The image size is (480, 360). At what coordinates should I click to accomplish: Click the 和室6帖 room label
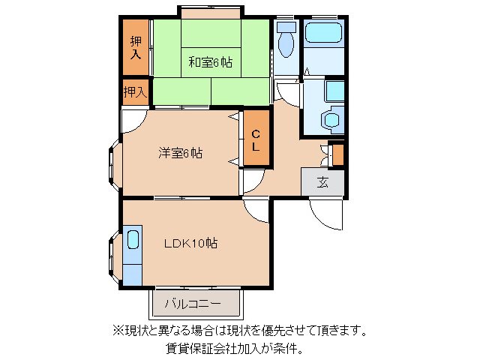[x=210, y=62]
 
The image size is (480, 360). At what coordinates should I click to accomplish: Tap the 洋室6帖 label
[x=180, y=153]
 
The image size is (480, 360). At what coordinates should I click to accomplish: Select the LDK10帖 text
[x=191, y=243]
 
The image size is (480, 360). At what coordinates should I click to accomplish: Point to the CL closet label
[x=256, y=140]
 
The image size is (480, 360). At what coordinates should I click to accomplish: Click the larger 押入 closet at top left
[x=136, y=47]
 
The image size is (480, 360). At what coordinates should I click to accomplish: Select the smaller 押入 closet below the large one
[x=135, y=92]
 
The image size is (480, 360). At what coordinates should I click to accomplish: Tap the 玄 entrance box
[x=322, y=181]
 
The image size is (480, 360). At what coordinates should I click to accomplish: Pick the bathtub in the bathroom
[x=323, y=33]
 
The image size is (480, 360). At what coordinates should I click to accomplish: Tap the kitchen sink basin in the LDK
[x=133, y=240]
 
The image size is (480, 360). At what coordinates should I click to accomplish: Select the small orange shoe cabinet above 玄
[x=337, y=154]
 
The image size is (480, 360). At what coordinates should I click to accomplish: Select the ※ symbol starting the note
[x=117, y=330]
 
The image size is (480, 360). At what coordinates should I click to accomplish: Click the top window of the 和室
[x=211, y=13]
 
